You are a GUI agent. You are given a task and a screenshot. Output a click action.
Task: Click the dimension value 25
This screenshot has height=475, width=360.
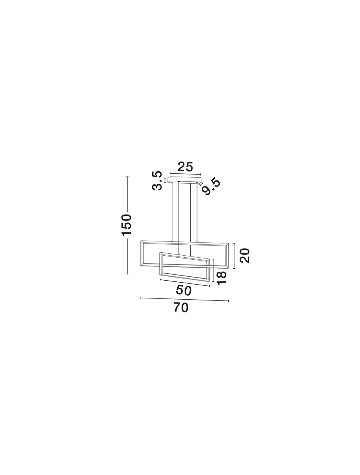185,167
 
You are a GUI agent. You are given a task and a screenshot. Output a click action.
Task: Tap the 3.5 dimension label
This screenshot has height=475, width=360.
157,180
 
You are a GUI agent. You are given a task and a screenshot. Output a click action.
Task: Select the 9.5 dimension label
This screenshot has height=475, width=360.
211,187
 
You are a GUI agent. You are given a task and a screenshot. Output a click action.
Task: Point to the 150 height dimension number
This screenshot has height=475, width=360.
127,225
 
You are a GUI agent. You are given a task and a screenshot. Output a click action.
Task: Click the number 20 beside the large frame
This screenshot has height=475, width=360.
245,256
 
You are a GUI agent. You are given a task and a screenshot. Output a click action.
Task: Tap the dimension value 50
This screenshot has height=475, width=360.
184,290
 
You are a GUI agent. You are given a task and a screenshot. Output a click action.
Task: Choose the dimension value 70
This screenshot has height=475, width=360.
181,308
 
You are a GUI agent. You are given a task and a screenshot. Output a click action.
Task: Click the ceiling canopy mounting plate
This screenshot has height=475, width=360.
186,180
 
